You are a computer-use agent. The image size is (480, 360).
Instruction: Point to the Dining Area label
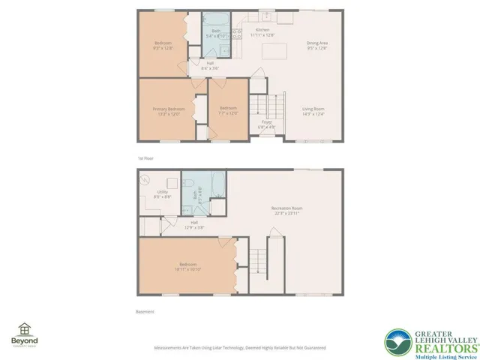317,45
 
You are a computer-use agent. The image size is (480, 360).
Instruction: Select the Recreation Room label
286,210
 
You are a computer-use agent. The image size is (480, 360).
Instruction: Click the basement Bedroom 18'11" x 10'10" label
187,266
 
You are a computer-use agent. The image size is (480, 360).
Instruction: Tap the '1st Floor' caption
145,158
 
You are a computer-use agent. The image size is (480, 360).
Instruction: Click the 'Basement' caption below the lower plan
145,311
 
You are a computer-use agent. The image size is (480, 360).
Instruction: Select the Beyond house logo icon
25,329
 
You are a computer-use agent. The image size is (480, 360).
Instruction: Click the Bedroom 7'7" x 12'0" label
228,110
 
